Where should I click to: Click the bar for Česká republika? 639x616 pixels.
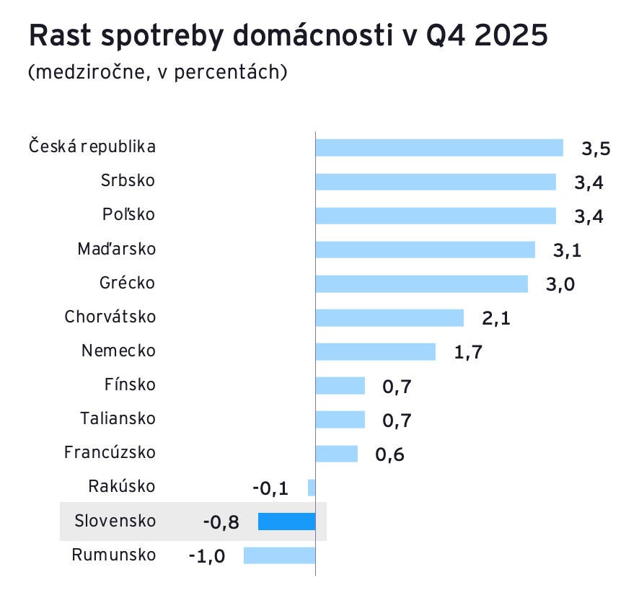[439, 147]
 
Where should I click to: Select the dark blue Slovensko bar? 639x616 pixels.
[286, 521]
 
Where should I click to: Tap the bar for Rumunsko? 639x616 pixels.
[279, 555]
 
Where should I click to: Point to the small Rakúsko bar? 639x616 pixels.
[312, 488]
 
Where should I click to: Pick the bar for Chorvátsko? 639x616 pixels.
[389, 317]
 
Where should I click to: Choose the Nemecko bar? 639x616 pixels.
[375, 351]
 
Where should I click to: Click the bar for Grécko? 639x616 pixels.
[421, 283]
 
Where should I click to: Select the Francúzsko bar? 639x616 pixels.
[336, 453]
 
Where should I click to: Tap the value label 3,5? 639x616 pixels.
[596, 149]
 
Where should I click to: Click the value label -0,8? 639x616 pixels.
[221, 522]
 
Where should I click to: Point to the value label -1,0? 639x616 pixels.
[206, 556]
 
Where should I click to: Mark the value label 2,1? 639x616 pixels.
[495, 318]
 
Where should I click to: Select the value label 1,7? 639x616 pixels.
[467, 353]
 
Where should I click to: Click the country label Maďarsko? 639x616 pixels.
[116, 249]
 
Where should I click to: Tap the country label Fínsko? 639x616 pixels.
[130, 384]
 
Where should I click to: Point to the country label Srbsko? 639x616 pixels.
[128, 180]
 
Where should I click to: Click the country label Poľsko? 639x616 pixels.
[128, 215]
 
